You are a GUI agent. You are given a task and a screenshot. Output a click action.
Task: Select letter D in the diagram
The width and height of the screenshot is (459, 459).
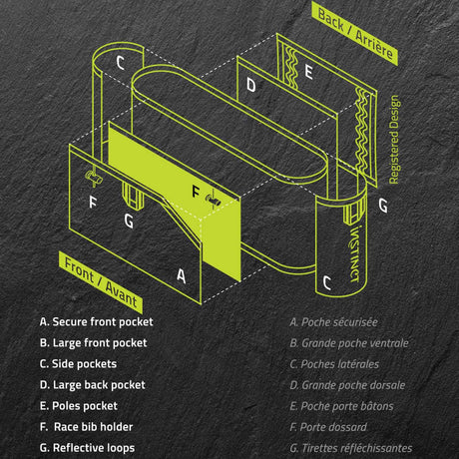click(x=251, y=86)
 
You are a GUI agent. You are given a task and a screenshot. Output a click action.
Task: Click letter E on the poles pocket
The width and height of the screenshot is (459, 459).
click(x=309, y=72)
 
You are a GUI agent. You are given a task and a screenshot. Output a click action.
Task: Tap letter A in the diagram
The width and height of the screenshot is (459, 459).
click(x=181, y=275)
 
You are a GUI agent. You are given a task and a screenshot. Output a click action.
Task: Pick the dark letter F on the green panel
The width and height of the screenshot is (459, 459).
click(x=196, y=190)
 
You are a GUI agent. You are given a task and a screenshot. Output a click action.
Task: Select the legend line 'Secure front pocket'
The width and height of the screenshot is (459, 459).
click(x=97, y=322)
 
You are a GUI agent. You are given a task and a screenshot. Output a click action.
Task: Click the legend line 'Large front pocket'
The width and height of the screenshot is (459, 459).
click(x=93, y=343)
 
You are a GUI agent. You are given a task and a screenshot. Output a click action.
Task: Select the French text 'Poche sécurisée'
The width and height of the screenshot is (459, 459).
click(x=333, y=322)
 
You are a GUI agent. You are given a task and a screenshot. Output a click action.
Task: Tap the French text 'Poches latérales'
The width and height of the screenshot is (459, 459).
click(x=333, y=364)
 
